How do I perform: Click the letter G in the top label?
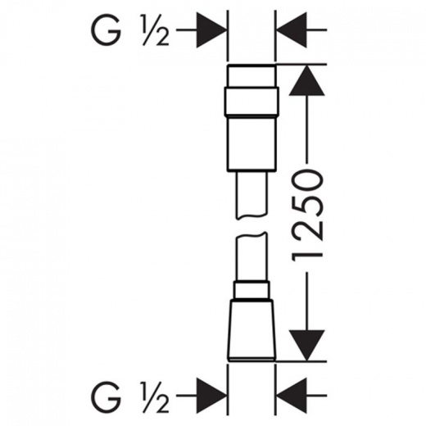tap(106, 30)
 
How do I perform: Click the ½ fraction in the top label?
tap(155, 30)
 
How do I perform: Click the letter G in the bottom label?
tap(106, 396)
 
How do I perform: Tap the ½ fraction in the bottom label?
tap(155, 396)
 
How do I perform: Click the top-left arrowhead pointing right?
tap(211, 29)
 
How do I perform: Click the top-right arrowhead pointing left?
tap(292, 29)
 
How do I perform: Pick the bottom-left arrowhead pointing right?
tap(211, 395)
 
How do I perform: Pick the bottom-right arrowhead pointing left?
tap(292, 395)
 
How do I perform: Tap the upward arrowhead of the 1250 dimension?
tap(307, 80)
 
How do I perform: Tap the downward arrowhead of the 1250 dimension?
tap(307, 345)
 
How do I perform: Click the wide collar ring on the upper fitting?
tap(252, 102)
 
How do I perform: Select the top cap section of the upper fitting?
tap(252, 76)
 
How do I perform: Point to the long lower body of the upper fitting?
tap(252, 144)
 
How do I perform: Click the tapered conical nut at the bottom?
tap(252, 330)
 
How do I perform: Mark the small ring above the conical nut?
tap(252, 290)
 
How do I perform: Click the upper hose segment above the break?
tap(252, 195)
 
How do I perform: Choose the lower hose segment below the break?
tap(252, 256)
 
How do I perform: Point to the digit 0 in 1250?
tap(307, 182)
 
